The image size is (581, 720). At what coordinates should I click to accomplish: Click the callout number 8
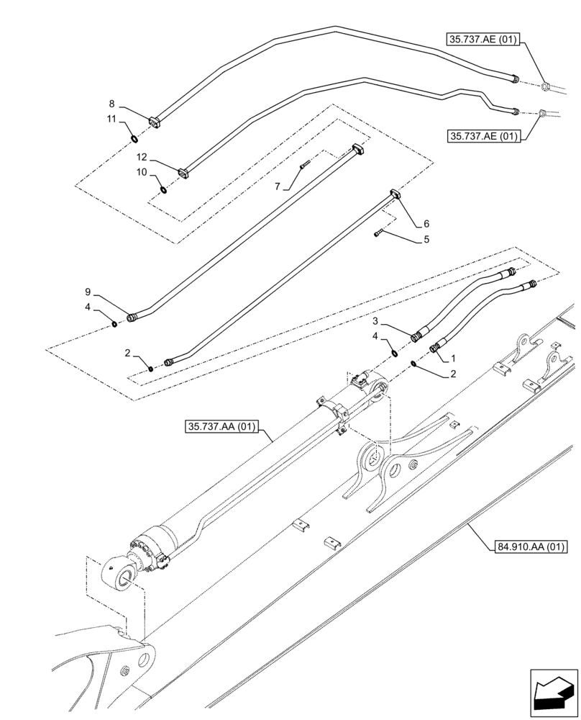click(x=111, y=104)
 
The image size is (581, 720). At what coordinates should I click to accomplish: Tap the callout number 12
click(x=142, y=157)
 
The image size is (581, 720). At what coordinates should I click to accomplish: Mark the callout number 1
click(x=453, y=357)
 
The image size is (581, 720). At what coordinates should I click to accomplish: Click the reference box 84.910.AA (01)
click(x=531, y=547)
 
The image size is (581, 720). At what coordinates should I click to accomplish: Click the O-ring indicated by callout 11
click(x=134, y=138)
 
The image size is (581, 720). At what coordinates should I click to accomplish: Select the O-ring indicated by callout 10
click(x=164, y=190)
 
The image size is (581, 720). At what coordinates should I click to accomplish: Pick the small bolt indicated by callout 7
click(x=305, y=165)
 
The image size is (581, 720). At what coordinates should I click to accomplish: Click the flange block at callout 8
click(x=155, y=122)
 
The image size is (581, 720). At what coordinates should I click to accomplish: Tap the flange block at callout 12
click(x=182, y=173)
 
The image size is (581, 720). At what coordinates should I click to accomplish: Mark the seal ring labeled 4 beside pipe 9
click(x=116, y=324)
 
